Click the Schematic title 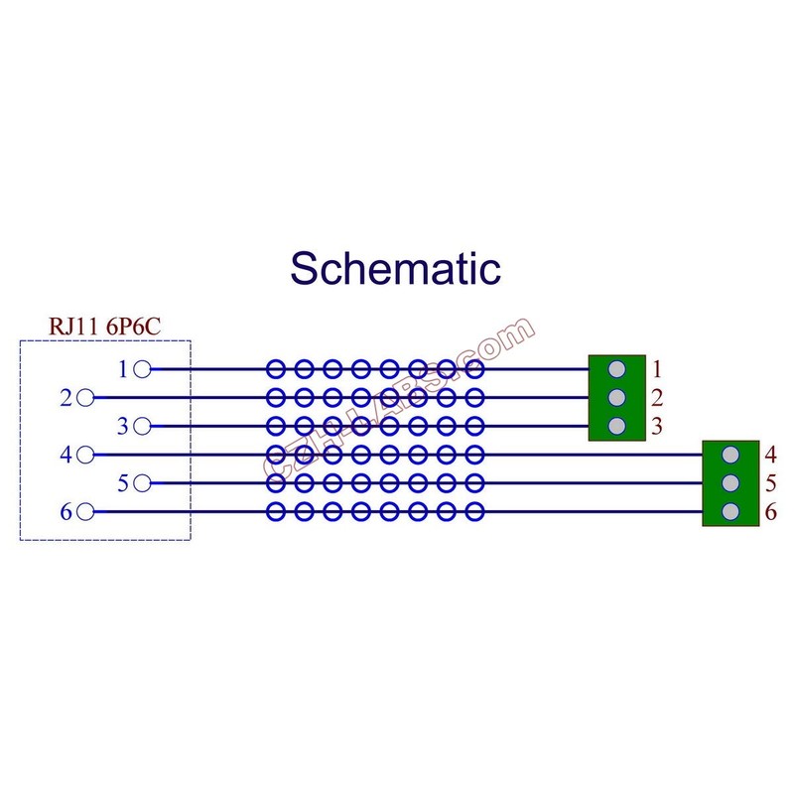click(x=395, y=268)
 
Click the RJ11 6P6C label click(x=105, y=327)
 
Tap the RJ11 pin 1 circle click(x=142, y=369)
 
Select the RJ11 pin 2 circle click(x=85, y=398)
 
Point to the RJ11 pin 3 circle click(x=142, y=427)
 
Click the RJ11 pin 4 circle click(x=85, y=455)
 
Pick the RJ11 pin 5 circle click(x=142, y=483)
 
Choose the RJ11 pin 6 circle click(x=85, y=512)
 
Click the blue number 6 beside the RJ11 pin click(x=66, y=512)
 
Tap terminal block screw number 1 click(x=616, y=369)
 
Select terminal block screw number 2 click(x=616, y=398)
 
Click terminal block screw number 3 click(x=616, y=427)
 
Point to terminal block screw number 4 click(x=730, y=455)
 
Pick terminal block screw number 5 click(x=730, y=483)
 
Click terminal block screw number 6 click(x=730, y=512)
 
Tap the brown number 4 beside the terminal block click(x=771, y=455)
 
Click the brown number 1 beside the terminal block click(x=657, y=369)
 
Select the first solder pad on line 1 click(x=276, y=369)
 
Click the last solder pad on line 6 click(x=474, y=512)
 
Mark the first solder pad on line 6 click(x=276, y=512)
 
